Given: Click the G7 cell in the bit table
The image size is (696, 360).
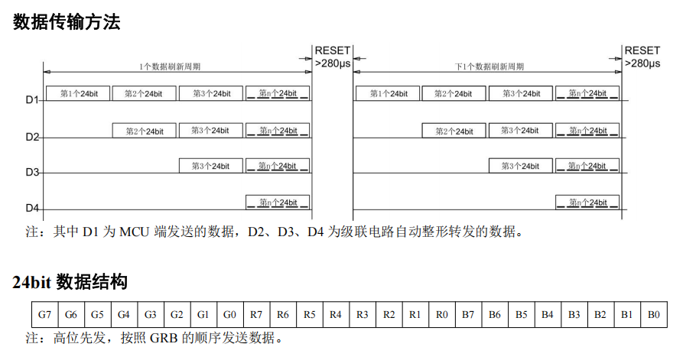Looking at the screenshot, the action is (x=45, y=315).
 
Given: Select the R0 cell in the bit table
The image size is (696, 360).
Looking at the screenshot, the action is (x=442, y=315).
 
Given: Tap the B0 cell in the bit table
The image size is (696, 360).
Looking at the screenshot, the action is (x=654, y=315).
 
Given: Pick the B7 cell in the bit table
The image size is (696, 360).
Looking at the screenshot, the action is (x=468, y=315).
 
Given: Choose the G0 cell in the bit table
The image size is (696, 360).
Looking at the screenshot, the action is (x=230, y=315).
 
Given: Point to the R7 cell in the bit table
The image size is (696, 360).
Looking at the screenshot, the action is (x=256, y=315).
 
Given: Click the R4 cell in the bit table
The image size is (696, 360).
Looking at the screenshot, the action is (x=336, y=315).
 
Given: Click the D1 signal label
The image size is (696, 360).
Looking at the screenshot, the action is (x=32, y=100).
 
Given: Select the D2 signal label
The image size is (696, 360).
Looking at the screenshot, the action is (x=32, y=137).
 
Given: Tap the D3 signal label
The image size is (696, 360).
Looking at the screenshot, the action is (x=32, y=172).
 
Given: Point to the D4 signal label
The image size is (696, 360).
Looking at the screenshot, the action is (x=32, y=208).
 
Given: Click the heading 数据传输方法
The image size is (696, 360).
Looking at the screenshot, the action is (x=67, y=21).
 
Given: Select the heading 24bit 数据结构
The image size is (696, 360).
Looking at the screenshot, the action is (x=70, y=282).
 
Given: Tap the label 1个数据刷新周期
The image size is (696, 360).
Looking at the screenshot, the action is (x=170, y=66).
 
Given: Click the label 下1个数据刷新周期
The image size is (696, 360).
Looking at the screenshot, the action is (x=489, y=66).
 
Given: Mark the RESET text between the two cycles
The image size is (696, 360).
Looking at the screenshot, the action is (x=333, y=50).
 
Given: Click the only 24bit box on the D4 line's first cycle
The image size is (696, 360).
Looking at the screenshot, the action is (x=278, y=203).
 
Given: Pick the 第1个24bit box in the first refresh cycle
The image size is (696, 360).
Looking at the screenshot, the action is (x=78, y=93).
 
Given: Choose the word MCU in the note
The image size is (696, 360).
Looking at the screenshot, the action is (x=135, y=232).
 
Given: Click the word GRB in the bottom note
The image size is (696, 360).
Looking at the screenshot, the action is (x=164, y=339).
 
